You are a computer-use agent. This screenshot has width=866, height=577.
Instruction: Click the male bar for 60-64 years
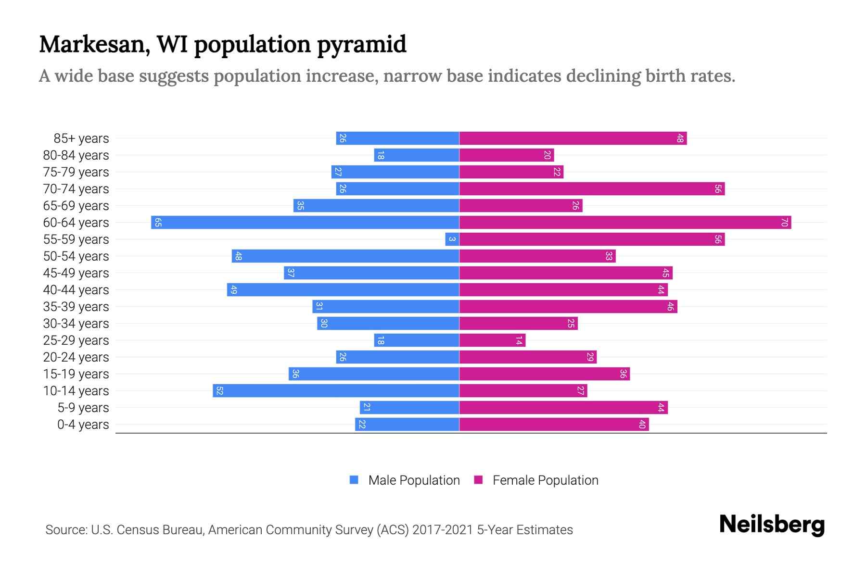click(x=305, y=223)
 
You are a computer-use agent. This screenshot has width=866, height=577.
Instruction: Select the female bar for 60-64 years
click(x=625, y=223)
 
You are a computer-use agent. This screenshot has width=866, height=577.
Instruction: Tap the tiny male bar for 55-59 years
click(x=452, y=239)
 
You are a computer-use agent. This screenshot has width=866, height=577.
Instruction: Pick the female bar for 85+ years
click(x=573, y=138)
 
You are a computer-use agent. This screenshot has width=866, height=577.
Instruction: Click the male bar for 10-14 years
click(x=336, y=391)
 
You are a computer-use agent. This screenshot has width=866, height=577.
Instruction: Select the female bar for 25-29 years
click(x=492, y=340)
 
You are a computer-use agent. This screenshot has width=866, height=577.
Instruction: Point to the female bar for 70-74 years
click(x=592, y=189)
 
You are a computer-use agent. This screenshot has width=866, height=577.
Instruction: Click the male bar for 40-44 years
click(x=343, y=290)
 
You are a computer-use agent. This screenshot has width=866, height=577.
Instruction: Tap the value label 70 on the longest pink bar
click(x=784, y=223)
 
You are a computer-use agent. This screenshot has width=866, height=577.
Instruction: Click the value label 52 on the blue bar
click(x=219, y=391)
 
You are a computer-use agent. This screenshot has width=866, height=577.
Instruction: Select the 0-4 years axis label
click(x=83, y=425)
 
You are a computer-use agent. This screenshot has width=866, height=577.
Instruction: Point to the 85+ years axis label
click(x=81, y=138)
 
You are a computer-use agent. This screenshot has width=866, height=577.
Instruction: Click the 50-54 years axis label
click(x=76, y=256)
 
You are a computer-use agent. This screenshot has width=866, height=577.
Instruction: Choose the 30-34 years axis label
click(x=76, y=324)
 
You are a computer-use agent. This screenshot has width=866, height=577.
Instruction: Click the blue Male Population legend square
click(x=354, y=480)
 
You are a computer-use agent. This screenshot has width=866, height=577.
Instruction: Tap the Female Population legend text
click(x=545, y=480)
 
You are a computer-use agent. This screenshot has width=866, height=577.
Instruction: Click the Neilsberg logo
click(x=772, y=525)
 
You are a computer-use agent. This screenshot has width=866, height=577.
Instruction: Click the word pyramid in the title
click(x=361, y=44)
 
